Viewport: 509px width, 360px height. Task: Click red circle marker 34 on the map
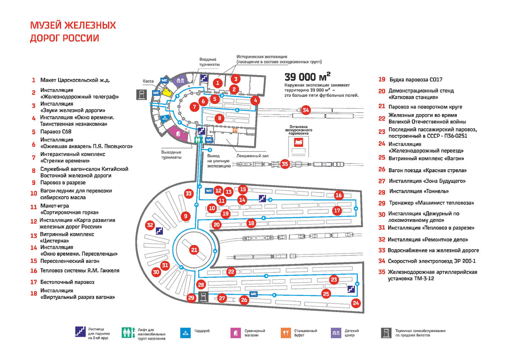(306, 110)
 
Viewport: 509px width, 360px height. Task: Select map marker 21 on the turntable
(194, 250)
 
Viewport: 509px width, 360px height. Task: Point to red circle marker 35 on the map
(285, 164)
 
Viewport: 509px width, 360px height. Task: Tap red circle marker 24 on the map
(356, 303)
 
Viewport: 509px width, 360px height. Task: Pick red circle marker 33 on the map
(189, 194)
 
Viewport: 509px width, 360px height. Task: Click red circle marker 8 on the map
(219, 118)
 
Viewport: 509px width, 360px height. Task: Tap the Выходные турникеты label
(171, 155)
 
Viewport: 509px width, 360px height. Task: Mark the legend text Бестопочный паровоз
(67, 282)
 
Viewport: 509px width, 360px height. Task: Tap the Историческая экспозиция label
(262, 56)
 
